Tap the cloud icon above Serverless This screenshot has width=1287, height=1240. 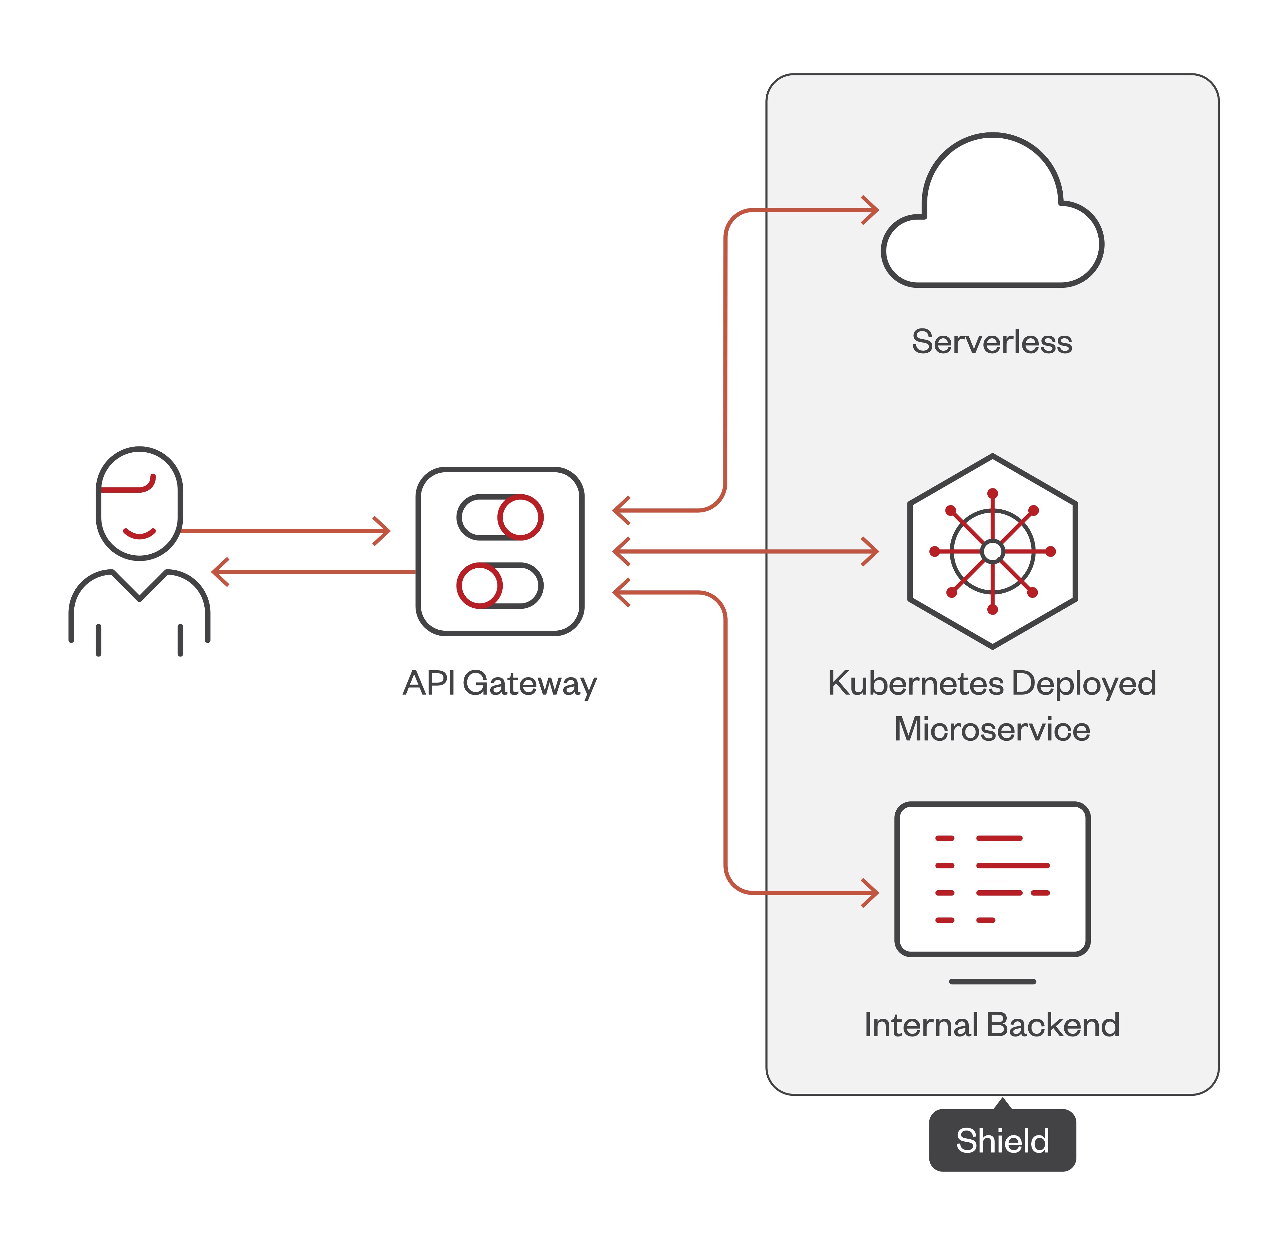click(992, 224)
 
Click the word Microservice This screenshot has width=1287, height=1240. click(992, 729)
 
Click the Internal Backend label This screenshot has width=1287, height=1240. click(992, 1025)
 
